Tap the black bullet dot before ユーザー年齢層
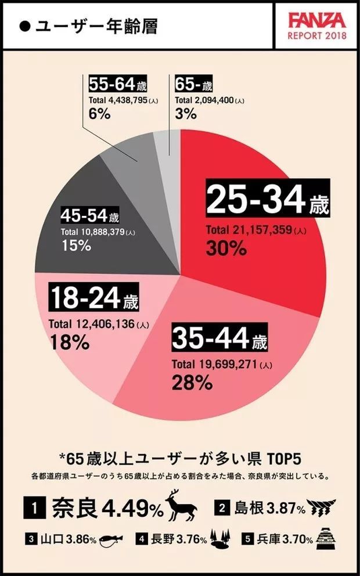(25, 27)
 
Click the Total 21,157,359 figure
(256, 230)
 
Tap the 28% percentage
(192, 383)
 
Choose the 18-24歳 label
(93, 300)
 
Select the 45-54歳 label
(90, 217)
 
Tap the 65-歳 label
(194, 85)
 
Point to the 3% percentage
(185, 113)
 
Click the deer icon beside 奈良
(182, 505)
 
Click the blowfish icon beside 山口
(109, 541)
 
